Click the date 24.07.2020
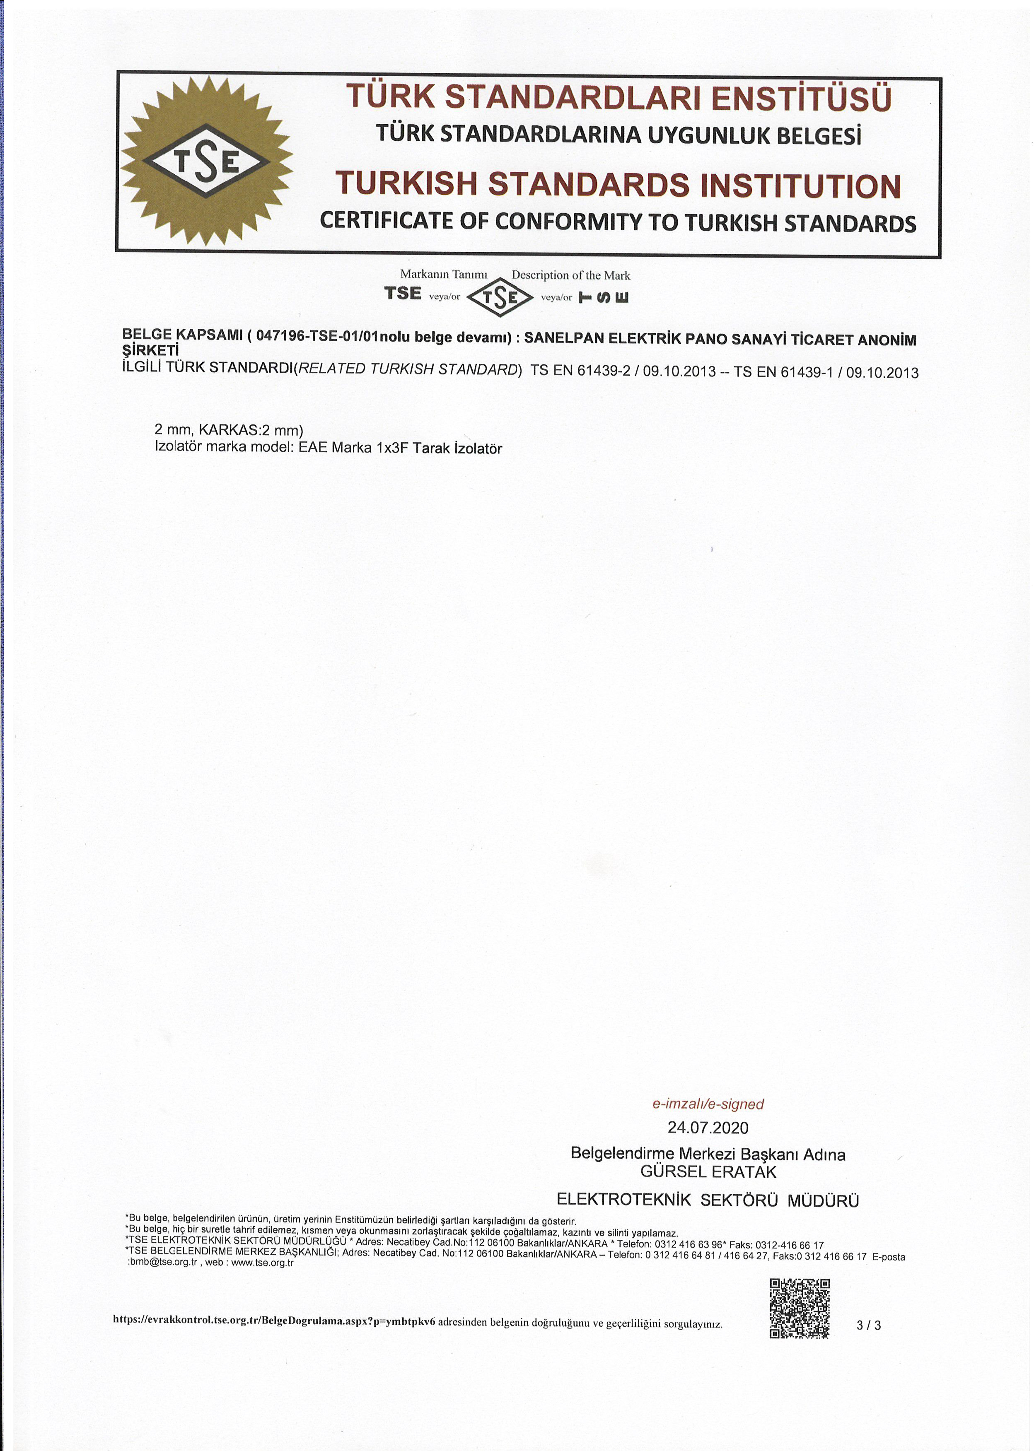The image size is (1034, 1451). coord(708,1127)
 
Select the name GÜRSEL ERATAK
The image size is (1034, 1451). coord(708,1171)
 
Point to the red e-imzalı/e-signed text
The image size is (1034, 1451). coord(708,1104)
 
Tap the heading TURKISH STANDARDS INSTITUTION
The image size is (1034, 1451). coord(618,185)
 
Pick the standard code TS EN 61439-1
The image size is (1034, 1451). coord(783,372)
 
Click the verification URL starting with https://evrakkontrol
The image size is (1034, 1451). coord(274,1320)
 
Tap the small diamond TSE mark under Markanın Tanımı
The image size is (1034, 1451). coord(500,296)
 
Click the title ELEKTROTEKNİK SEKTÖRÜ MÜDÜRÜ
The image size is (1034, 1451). coord(708,1200)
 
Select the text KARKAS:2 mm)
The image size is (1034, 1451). coord(251,430)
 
